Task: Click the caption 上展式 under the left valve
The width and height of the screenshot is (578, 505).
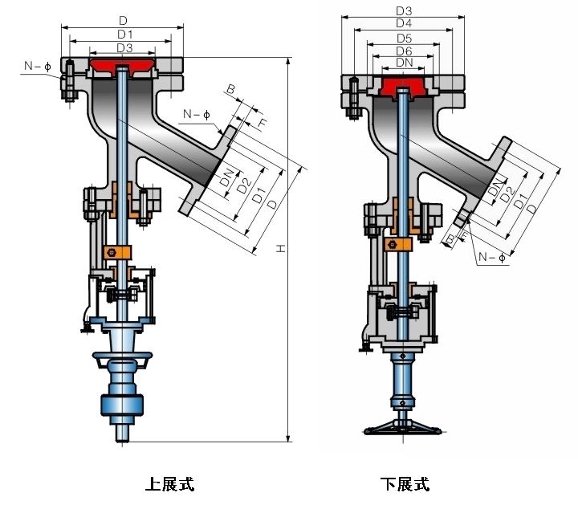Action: tap(169, 483)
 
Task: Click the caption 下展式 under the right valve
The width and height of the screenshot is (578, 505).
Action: tap(405, 483)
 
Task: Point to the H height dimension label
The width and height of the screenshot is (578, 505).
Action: tap(280, 250)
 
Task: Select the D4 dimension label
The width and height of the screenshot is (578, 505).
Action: tap(404, 24)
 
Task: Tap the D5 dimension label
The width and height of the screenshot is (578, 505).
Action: tap(404, 38)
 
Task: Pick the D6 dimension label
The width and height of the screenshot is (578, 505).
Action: tap(404, 51)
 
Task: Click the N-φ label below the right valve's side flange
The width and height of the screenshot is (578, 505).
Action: tap(490, 258)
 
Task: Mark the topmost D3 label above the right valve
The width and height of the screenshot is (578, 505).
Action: tap(404, 10)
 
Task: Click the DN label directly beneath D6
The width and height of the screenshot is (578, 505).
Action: tap(404, 63)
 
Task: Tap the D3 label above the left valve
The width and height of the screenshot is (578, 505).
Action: tap(124, 48)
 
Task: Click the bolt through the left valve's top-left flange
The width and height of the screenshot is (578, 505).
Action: tap(70, 80)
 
